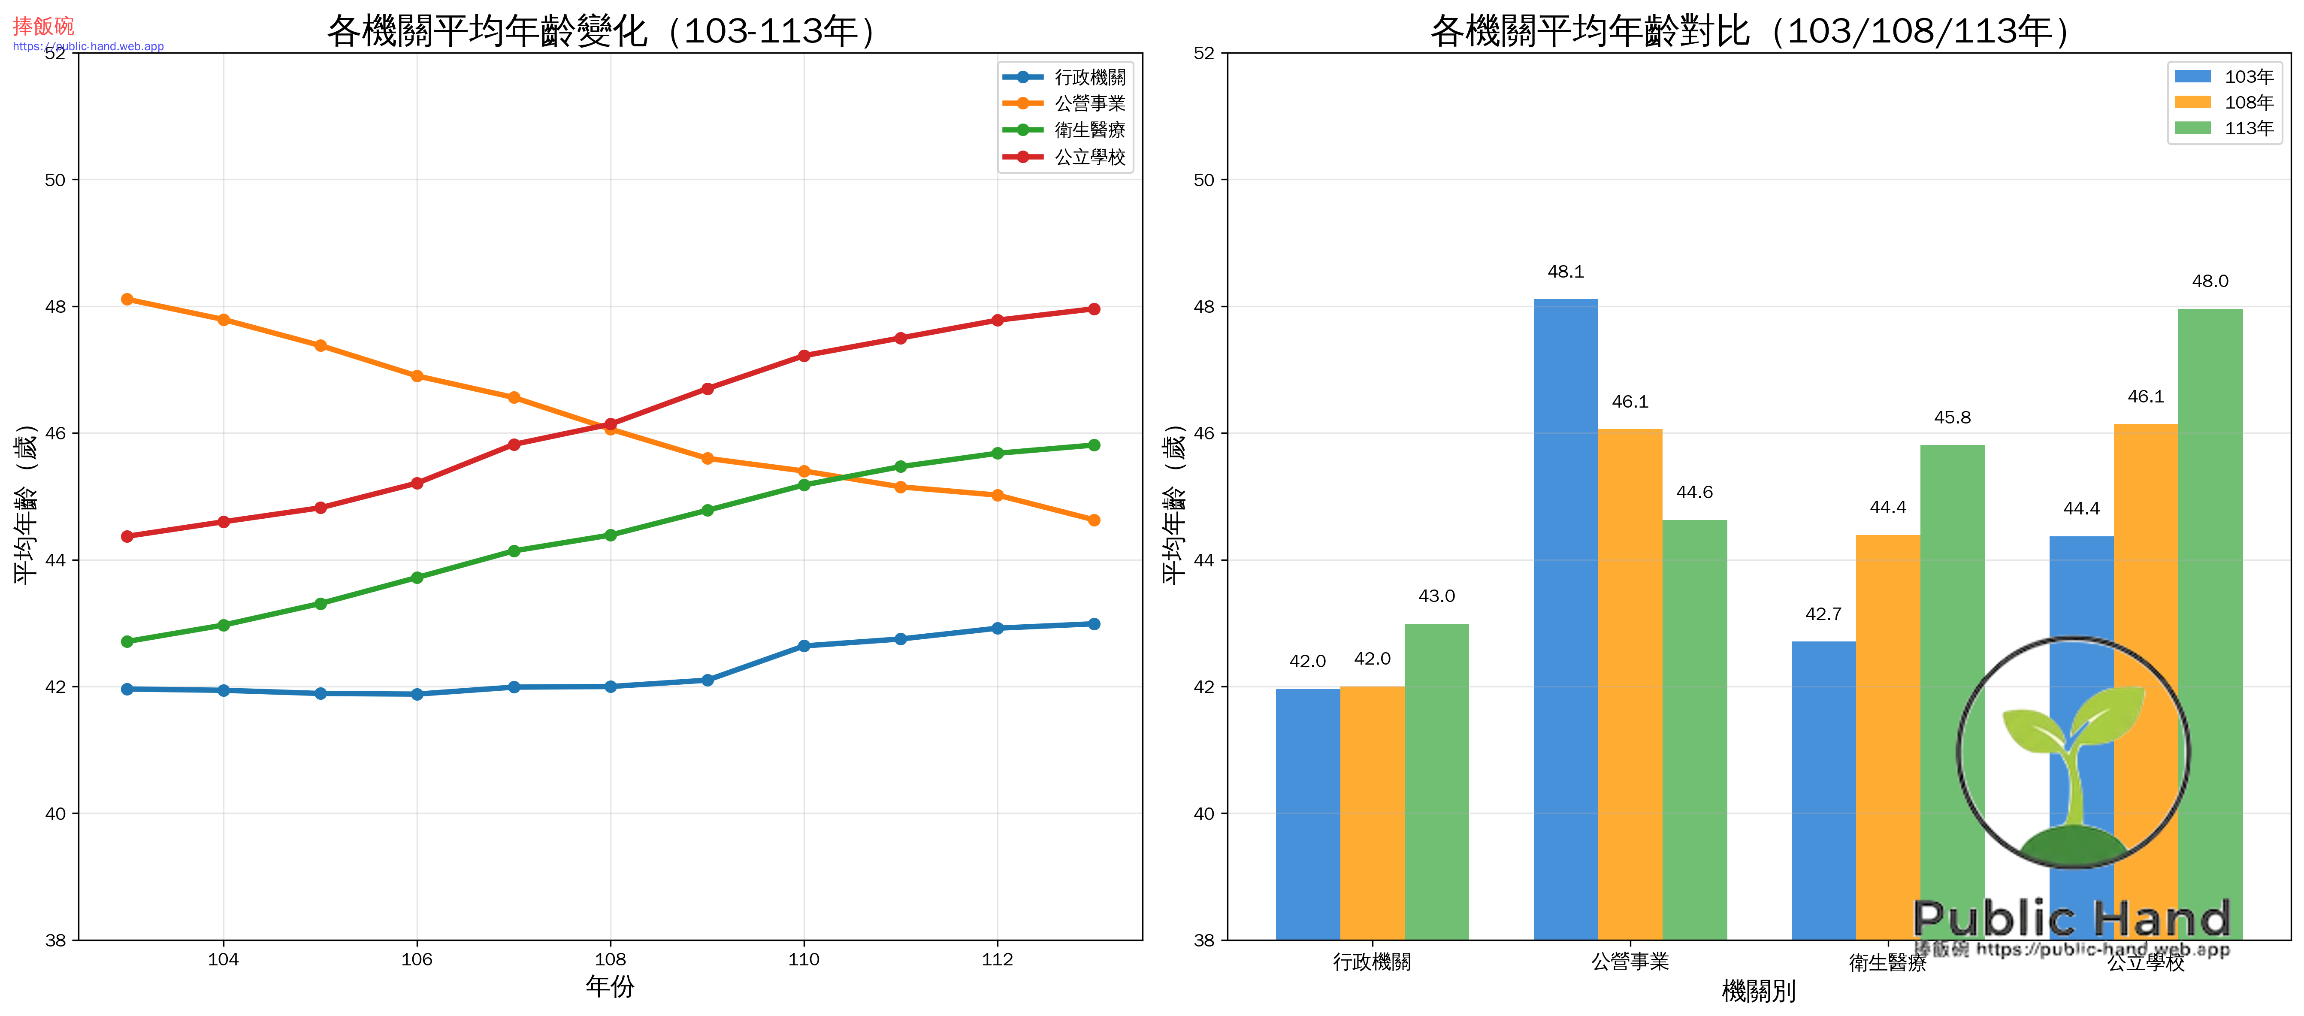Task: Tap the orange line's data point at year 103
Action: [x=127, y=299]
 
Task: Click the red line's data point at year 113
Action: [x=1093, y=309]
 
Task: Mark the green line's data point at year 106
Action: [x=417, y=578]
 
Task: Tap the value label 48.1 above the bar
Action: [x=1565, y=272]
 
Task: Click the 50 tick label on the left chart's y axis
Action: [x=55, y=180]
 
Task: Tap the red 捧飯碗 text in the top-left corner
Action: [x=43, y=26]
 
